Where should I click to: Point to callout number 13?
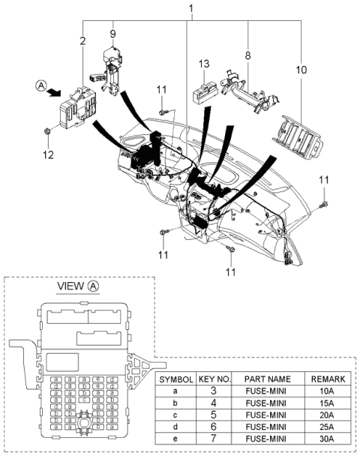coord(204,64)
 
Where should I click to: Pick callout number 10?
coord(301,70)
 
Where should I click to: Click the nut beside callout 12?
coord(46,133)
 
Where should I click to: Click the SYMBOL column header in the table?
coord(175,380)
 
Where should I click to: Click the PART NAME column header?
coord(266,380)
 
